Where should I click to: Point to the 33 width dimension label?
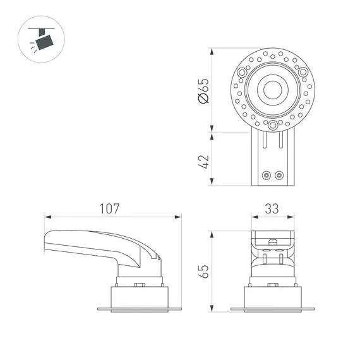273,208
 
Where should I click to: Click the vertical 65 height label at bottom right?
203,272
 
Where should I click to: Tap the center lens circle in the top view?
273,90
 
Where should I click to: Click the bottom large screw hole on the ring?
273,126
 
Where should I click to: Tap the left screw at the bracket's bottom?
267,174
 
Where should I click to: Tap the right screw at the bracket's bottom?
279,174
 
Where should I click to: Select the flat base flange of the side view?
139,309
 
